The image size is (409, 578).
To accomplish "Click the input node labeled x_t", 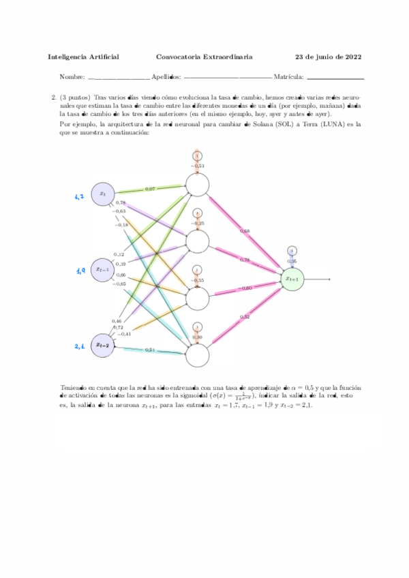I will [x=103, y=194].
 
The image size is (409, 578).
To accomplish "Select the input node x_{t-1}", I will [x=103, y=269].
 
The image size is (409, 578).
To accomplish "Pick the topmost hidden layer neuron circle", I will [x=197, y=184].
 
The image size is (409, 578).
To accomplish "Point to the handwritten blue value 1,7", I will [x=79, y=197].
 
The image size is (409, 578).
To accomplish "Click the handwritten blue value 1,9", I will [x=80, y=271].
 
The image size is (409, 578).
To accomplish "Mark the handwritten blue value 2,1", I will [x=79, y=347].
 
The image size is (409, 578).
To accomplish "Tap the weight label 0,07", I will [x=150, y=188].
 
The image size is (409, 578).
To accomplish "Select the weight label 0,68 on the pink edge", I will [x=245, y=231].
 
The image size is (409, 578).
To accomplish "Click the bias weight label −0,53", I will [x=198, y=166].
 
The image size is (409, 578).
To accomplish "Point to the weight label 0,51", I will [x=150, y=350].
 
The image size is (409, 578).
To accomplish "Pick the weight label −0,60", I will [x=246, y=288].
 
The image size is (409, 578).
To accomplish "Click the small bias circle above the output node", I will [x=292, y=250].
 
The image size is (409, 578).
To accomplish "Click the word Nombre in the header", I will [x=72, y=77].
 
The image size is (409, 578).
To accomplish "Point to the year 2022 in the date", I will [x=352, y=57].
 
